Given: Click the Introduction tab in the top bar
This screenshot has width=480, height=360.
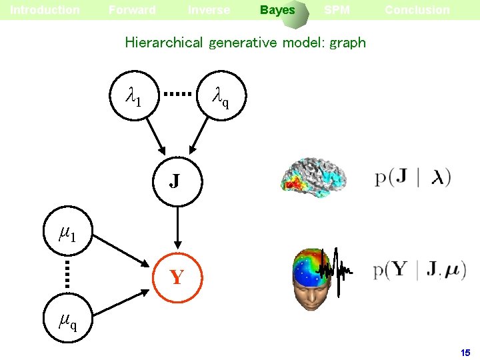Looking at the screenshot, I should coord(45,10).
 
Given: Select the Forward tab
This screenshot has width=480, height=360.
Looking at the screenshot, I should coord(132,10).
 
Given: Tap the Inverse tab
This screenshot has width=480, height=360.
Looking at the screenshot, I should coord(209,10).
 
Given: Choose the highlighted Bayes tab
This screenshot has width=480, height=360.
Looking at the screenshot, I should coord(277,10).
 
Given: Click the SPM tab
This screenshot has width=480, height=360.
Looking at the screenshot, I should coord(337,10).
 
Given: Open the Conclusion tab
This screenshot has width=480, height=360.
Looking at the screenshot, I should coord(417,10).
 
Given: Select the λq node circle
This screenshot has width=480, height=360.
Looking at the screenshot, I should coord(221,97).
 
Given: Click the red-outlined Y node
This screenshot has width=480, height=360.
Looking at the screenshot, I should coord(176,277).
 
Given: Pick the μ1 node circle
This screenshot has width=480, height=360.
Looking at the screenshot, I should coord(67,234).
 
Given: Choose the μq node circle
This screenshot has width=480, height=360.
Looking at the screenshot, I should coord(67,323).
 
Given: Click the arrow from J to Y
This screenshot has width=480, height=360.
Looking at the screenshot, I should coord(176,224).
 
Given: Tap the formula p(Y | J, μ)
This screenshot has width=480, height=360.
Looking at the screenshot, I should coord(419,271).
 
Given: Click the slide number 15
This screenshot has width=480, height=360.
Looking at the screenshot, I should coord(465,352).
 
